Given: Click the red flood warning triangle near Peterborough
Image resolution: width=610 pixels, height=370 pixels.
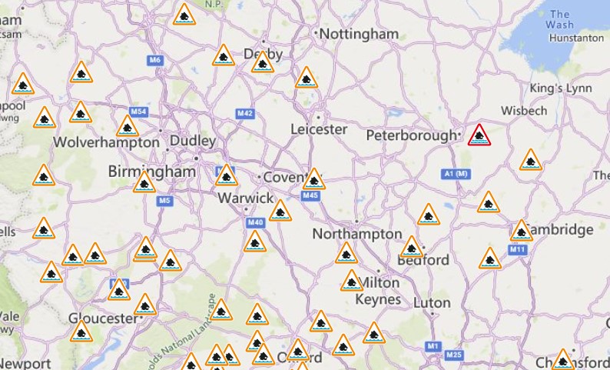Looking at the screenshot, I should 480,136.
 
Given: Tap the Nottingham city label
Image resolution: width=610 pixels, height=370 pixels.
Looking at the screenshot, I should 359,34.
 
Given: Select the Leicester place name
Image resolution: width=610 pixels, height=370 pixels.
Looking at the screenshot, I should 319,129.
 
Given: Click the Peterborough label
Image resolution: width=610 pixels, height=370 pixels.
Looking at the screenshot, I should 410,135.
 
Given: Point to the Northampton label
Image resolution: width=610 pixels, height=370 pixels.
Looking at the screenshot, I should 357,233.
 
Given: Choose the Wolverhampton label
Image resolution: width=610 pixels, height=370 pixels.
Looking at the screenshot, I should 107,143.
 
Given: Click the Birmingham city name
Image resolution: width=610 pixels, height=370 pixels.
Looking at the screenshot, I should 151,171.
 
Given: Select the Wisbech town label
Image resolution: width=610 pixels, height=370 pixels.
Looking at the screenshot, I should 524,111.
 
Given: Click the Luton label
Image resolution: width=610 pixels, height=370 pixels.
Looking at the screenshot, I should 432,302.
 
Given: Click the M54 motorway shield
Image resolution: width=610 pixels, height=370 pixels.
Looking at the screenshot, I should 138,112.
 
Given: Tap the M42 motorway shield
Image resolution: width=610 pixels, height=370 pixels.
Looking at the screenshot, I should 245,114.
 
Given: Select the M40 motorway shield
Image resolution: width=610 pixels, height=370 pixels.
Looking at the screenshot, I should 255,223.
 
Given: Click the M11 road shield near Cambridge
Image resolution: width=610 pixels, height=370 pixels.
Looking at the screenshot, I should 517,250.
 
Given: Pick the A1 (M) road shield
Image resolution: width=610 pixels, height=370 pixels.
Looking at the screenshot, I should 456,175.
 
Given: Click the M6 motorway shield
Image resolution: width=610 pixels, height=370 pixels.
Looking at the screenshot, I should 156,60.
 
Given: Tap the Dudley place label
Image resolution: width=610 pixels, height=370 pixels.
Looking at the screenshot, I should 192,142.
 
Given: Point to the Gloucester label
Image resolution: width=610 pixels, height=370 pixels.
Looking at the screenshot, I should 102,318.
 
